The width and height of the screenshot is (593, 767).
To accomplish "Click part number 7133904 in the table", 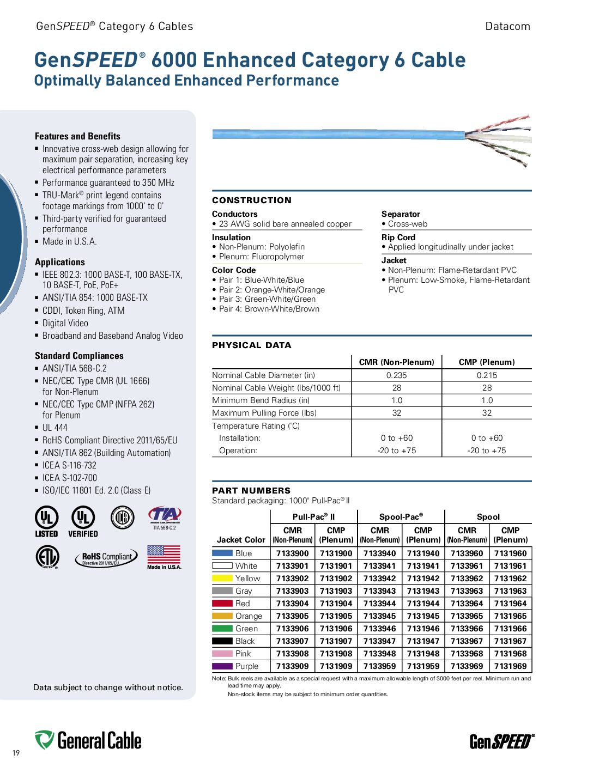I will pyautogui.click(x=292, y=604).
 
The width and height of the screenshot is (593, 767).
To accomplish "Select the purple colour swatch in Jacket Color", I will pyautogui.click(x=222, y=666).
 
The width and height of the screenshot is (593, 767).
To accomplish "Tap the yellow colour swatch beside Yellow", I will pyautogui.click(x=222, y=579).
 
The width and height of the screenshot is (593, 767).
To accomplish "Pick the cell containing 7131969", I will pyautogui.click(x=510, y=666).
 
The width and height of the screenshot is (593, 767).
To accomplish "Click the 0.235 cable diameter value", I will pyautogui.click(x=396, y=375).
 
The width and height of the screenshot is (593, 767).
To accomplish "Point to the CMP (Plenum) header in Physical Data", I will pyautogui.click(x=486, y=362).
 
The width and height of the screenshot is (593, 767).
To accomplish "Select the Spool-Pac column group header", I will pyautogui.click(x=401, y=517).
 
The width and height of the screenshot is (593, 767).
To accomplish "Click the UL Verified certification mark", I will pyautogui.click(x=83, y=521).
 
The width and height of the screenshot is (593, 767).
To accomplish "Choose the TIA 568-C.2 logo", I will pyautogui.click(x=164, y=518).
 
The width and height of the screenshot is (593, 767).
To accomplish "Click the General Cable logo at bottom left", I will pyautogui.click(x=88, y=741).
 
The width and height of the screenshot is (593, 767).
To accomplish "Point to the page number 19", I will pyautogui.click(x=16, y=753).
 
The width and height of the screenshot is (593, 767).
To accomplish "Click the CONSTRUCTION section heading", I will pyautogui.click(x=252, y=200).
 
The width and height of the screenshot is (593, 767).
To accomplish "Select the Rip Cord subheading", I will pyautogui.click(x=398, y=238).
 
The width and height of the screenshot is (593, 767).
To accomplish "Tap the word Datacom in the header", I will pyautogui.click(x=507, y=26).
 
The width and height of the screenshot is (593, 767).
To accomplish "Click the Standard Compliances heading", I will pyautogui.click(x=79, y=356).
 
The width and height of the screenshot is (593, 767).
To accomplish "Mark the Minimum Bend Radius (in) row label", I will pyautogui.click(x=261, y=400).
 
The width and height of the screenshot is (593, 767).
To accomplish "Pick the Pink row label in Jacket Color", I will pyautogui.click(x=243, y=654).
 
